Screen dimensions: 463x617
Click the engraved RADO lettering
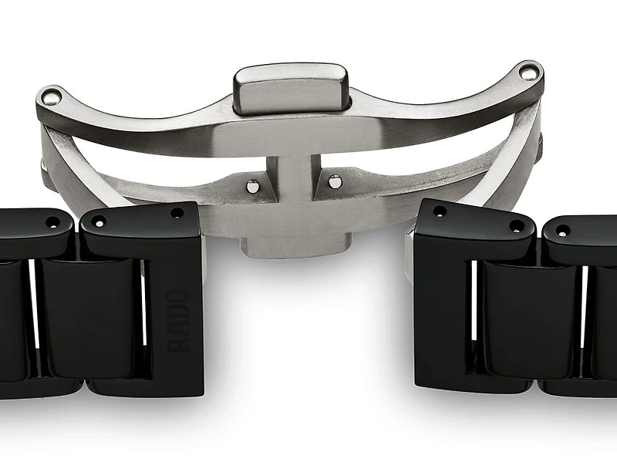[178, 319]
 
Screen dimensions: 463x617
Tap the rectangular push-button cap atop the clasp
[291, 87]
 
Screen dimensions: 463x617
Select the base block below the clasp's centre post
[292, 246]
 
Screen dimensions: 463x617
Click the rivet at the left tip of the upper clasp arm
[52, 96]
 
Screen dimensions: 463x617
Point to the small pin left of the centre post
[252, 185]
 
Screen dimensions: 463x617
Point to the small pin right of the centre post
[335, 182]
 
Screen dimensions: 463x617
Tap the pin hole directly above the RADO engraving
[177, 212]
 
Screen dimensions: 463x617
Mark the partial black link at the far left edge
[12, 316]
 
